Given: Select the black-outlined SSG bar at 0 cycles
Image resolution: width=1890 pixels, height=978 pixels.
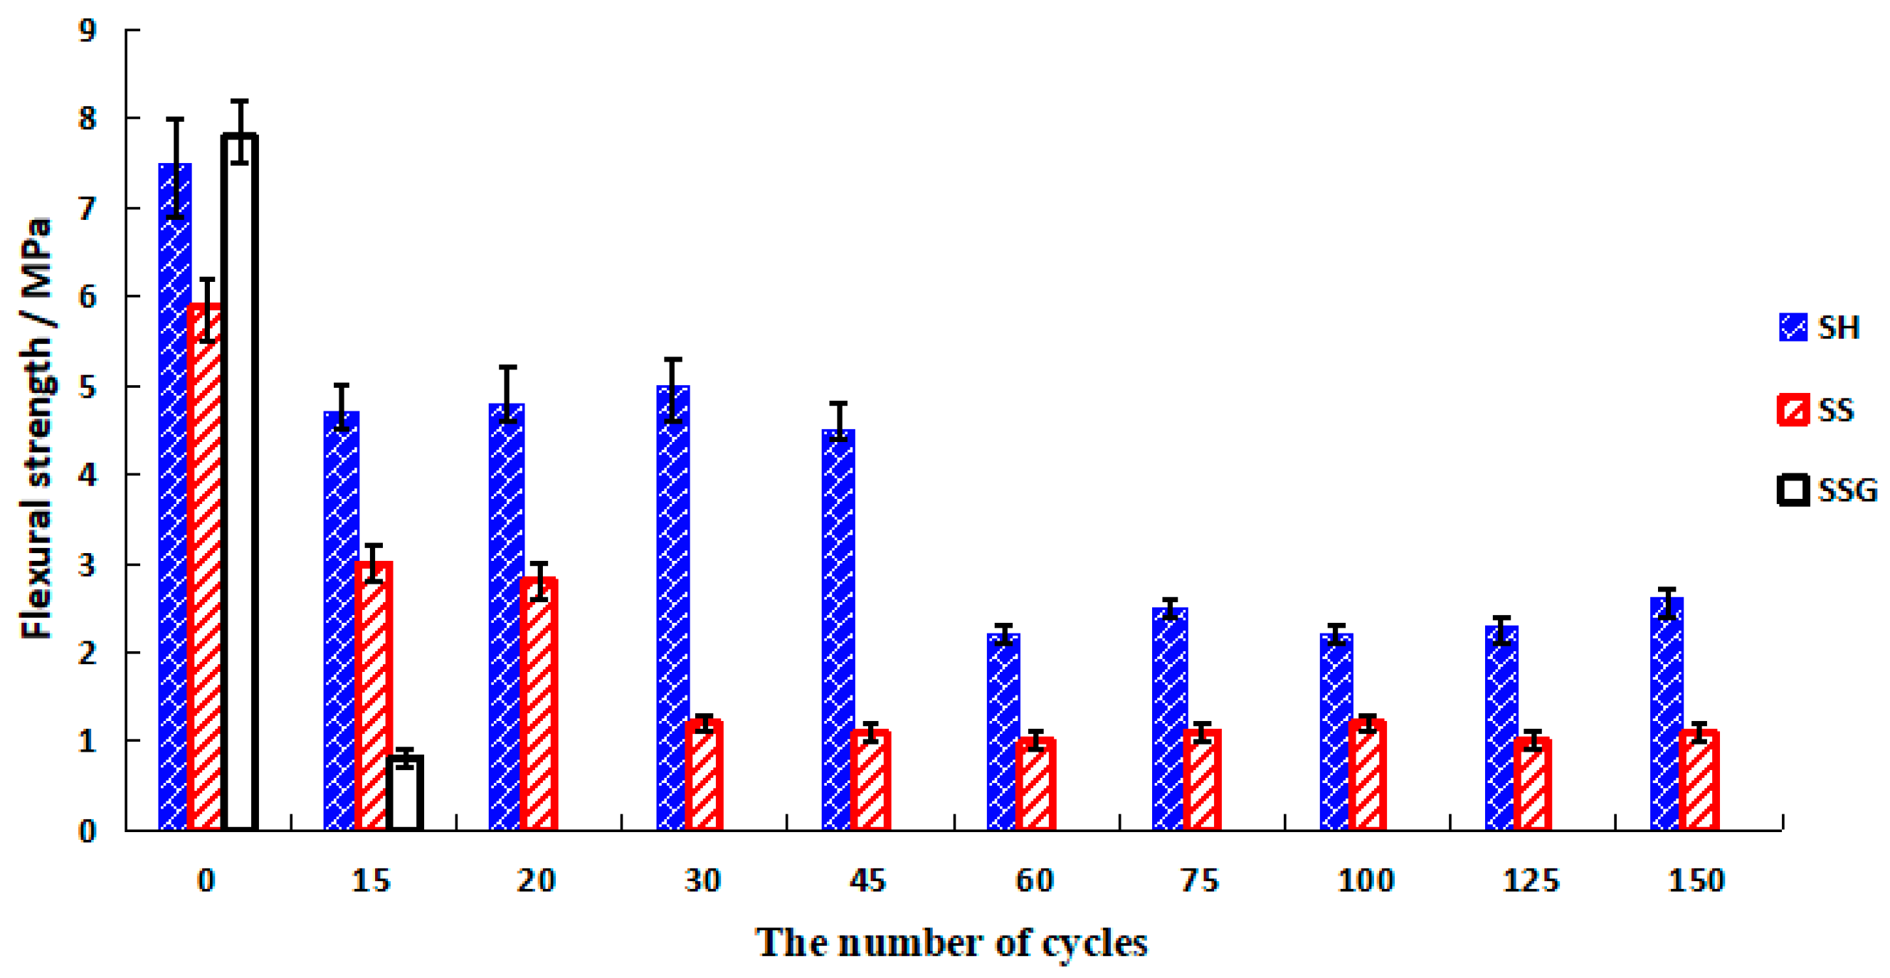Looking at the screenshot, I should tap(240, 484).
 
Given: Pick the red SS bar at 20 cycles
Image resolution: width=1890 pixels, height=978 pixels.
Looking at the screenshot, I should tap(539, 705).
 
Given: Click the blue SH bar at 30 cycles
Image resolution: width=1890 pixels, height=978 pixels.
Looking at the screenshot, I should tap(672, 609).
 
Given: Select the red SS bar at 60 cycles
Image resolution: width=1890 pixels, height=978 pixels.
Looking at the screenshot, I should tap(1035, 785).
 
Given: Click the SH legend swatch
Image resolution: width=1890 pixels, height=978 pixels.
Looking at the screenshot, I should tap(1793, 327).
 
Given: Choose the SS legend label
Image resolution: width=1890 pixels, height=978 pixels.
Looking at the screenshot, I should tap(1837, 409).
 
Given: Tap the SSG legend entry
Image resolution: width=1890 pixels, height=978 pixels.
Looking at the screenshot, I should tap(1827, 490).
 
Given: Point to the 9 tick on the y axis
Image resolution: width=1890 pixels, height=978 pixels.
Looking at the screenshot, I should tap(88, 30).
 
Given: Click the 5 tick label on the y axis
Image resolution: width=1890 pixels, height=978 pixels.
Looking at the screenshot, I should tap(88, 387).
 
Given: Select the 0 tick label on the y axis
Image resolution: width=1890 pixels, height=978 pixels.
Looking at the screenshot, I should tap(88, 831).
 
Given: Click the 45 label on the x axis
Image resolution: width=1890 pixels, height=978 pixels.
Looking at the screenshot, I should tap(868, 880).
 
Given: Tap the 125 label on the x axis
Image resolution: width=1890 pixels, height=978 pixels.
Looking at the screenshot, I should tap(1531, 880).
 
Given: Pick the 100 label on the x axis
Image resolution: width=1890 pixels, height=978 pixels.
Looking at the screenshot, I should tap(1366, 880).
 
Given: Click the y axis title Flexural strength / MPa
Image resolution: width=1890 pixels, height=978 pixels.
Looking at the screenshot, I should tap(36, 429).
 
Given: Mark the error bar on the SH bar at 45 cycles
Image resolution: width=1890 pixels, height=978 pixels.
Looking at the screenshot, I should tap(838, 421).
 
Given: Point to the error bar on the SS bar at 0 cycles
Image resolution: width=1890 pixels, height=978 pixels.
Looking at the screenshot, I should tap(208, 310).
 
